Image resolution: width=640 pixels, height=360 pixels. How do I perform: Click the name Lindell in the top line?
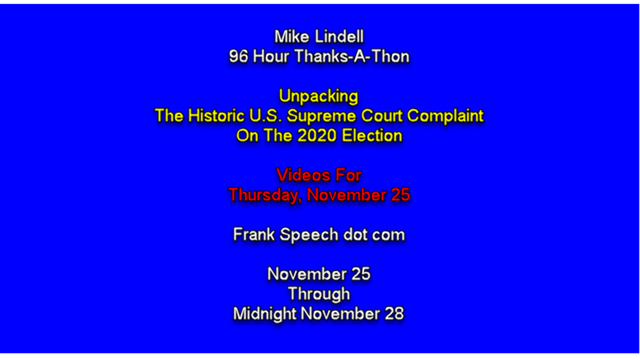(339, 36)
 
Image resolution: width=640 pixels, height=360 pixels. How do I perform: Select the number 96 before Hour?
(238, 56)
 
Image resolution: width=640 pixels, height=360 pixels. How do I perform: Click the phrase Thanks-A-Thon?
(352, 56)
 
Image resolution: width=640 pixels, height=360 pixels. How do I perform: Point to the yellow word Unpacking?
(318, 96)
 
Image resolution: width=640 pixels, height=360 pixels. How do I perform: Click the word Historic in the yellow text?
(216, 115)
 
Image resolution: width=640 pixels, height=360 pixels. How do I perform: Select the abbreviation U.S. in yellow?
(265, 115)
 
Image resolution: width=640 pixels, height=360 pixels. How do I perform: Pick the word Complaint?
(445, 116)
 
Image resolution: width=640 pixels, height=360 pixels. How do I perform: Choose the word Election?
(372, 135)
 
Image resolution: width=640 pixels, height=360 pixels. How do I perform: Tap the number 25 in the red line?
(400, 195)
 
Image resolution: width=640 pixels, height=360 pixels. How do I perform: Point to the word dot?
(355, 234)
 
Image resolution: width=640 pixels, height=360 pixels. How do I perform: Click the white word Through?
(319, 294)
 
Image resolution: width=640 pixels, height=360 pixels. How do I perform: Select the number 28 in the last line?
(394, 313)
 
